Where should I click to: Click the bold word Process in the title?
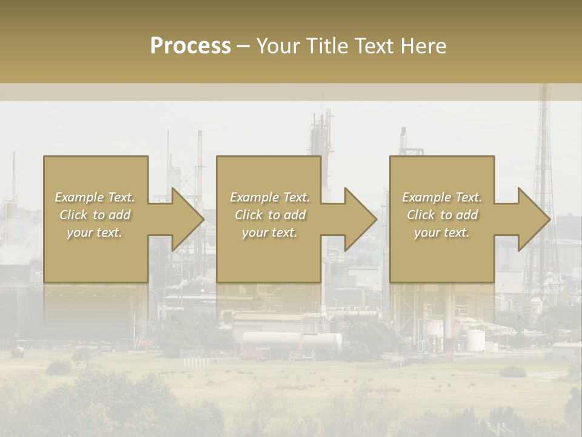pyautogui.click(x=190, y=46)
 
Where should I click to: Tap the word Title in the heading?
pyautogui.click(x=327, y=46)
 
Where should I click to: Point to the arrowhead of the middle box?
pyautogui.click(x=360, y=219)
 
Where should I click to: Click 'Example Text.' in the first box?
pyautogui.click(x=95, y=197)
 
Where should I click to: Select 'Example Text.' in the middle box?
pyautogui.click(x=269, y=197)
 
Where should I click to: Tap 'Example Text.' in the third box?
pyautogui.click(x=442, y=197)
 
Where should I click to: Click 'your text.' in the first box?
pyautogui.click(x=95, y=232)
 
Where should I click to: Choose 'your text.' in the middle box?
pyautogui.click(x=269, y=232)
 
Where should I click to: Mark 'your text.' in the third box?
pyautogui.click(x=442, y=232)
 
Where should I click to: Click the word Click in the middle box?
pyautogui.click(x=248, y=215)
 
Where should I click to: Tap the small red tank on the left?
pyautogui.click(x=18, y=351)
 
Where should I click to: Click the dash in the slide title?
pyautogui.click(x=243, y=46)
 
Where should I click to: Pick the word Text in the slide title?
pyautogui.click(x=373, y=46)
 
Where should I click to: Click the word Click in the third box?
pyautogui.click(x=421, y=215)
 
